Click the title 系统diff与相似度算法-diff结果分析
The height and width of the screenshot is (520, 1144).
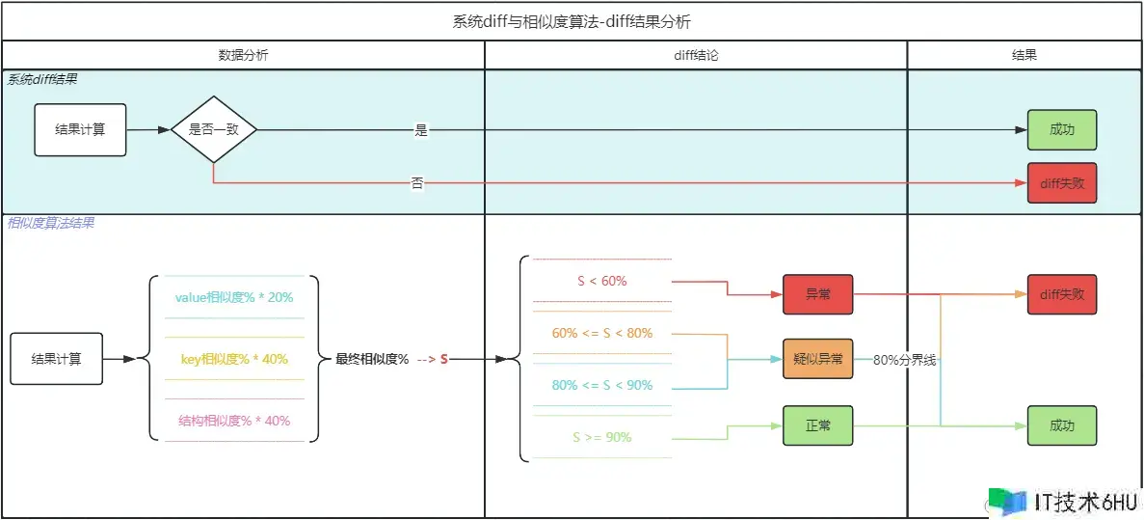click(571, 21)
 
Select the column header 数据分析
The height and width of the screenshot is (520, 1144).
click(243, 55)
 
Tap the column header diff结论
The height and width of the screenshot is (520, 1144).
click(695, 55)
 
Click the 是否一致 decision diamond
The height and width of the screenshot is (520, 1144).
click(213, 129)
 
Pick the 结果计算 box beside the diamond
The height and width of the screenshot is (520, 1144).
click(80, 129)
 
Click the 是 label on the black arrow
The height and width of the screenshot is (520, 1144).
click(420, 130)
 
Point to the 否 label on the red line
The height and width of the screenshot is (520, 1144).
click(417, 182)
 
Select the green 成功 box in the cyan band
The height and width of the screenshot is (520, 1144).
click(1061, 130)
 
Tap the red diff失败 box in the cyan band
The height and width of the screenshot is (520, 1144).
click(1061, 182)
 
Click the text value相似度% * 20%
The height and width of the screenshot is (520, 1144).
click(234, 297)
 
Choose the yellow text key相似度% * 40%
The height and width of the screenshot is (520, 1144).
click(234, 359)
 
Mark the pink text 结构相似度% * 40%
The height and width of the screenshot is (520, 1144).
click(234, 421)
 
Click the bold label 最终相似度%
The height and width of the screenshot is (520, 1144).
click(372, 359)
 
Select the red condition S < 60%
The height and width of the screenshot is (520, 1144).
click(602, 281)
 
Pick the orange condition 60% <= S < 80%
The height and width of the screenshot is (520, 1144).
click(602, 334)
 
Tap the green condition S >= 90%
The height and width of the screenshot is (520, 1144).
click(602, 437)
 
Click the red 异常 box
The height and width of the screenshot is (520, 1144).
click(817, 294)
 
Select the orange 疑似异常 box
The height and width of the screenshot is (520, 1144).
click(817, 359)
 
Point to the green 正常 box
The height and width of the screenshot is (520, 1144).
click(817, 425)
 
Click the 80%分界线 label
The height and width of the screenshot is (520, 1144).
click(905, 360)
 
